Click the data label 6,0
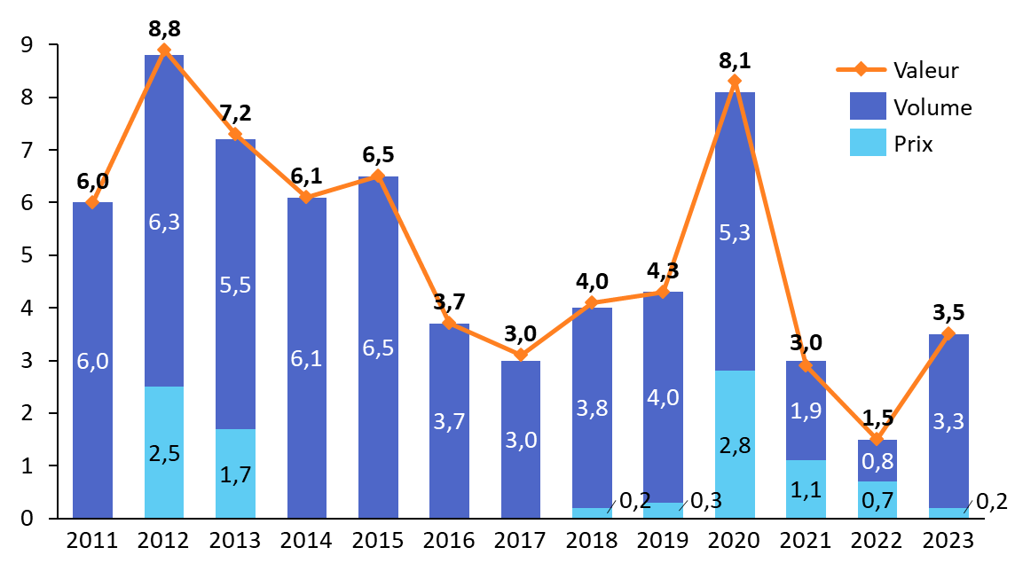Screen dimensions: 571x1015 click(x=92, y=362)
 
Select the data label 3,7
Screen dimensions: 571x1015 click(x=449, y=422)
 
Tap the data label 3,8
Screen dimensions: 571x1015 click(x=592, y=409)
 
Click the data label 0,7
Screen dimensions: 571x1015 click(x=877, y=501)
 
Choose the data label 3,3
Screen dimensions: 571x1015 click(x=948, y=422)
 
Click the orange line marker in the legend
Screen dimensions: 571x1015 click(x=861, y=69)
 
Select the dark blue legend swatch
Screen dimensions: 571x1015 click(x=868, y=106)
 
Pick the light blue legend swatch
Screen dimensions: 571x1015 click(x=868, y=142)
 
